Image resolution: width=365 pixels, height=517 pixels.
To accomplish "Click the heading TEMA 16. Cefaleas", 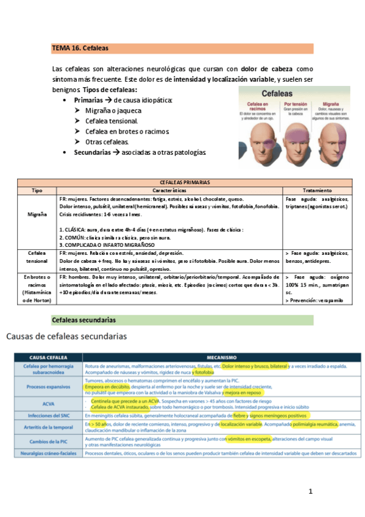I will pyautogui.click(x=80, y=48).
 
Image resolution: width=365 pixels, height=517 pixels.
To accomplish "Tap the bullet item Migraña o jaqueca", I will pyautogui.click(x=113, y=110).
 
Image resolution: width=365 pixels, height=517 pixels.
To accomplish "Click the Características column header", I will pyautogui.click(x=171, y=190).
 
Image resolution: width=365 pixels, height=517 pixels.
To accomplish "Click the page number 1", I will pyautogui.click(x=310, y=491).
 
